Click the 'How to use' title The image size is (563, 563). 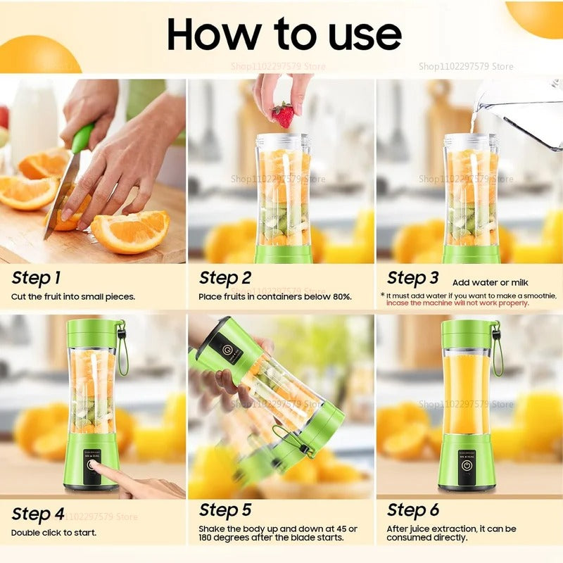coord(284,34)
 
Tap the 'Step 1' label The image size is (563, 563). coord(36,278)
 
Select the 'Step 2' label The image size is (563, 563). coord(224,278)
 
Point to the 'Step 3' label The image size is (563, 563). coord(413,278)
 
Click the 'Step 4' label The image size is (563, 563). coord(37,514)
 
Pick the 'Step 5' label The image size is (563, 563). coord(224,510)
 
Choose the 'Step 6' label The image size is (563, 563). coord(413,510)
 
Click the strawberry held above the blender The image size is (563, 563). coord(283,115)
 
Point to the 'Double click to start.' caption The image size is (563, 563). coord(53,533)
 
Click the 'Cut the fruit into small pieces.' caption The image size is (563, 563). coord(73,297)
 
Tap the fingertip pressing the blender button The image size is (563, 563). coord(96,468)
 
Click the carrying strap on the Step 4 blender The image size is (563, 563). coord(122,352)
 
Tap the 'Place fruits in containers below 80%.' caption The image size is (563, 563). coord(275,297)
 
